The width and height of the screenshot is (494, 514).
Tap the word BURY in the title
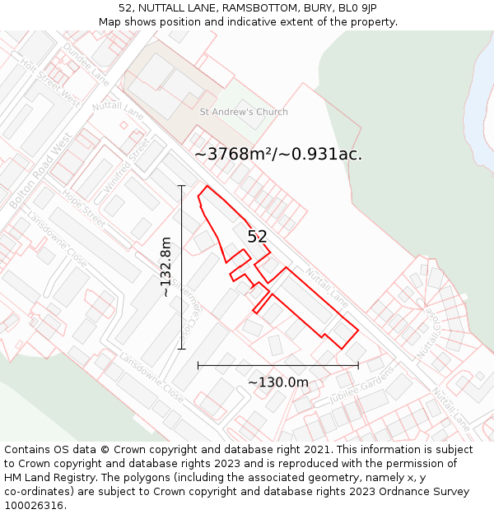point(290,8)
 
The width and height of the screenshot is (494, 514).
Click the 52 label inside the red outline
point(257,237)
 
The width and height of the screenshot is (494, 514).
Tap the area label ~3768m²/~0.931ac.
point(278,154)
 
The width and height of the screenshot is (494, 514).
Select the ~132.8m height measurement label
point(166,267)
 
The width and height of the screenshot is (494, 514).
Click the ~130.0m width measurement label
point(277,382)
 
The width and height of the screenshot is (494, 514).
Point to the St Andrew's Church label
point(244,112)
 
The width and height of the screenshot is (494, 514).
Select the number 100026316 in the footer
point(34,506)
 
